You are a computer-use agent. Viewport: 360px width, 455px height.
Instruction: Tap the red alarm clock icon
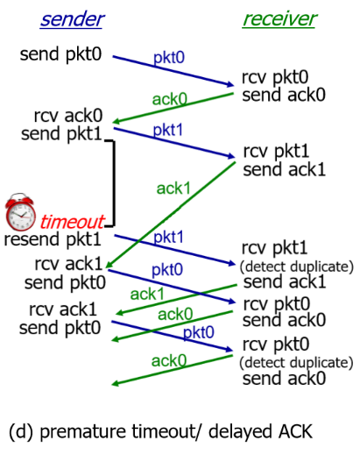pyautogui.click(x=19, y=211)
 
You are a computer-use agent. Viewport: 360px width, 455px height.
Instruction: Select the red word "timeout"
pyautogui.click(x=72, y=221)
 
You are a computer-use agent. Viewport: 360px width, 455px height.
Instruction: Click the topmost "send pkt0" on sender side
pyautogui.click(x=60, y=55)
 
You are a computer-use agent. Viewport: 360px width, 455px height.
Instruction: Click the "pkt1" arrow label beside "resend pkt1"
pyautogui.click(x=170, y=237)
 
